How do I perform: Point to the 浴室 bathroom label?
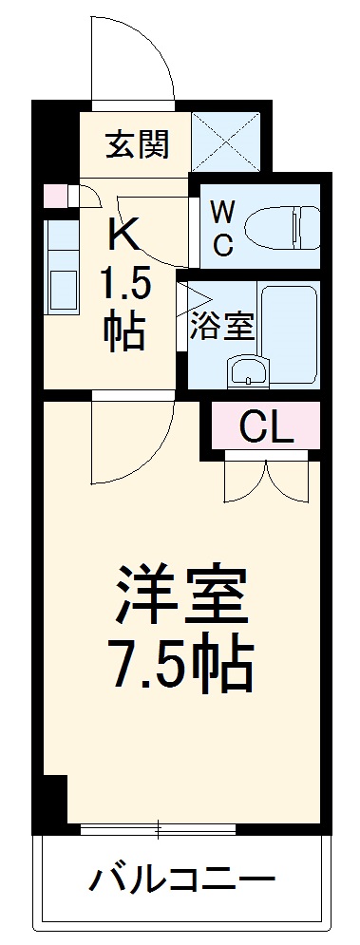pyautogui.click(x=221, y=327)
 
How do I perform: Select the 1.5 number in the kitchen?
pyautogui.click(x=124, y=282)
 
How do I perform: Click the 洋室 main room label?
pyautogui.click(x=181, y=595)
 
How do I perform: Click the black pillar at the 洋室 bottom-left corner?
pyautogui.click(x=53, y=800)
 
